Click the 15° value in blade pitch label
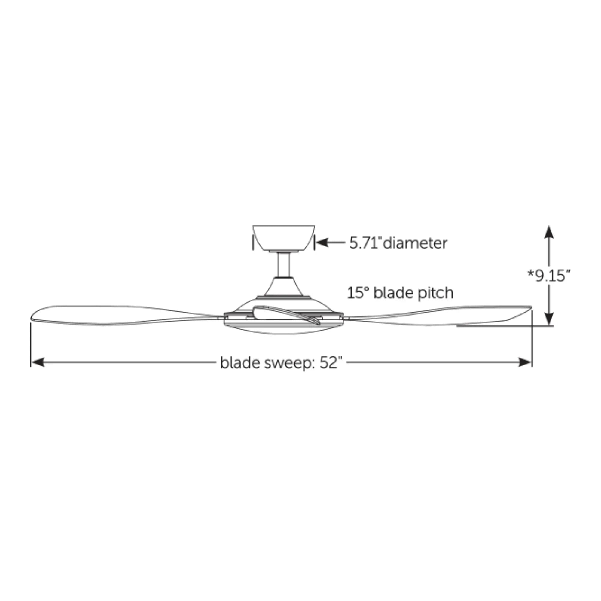point(358,293)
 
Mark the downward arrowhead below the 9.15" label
point(549,319)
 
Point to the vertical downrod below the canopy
point(284,264)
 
